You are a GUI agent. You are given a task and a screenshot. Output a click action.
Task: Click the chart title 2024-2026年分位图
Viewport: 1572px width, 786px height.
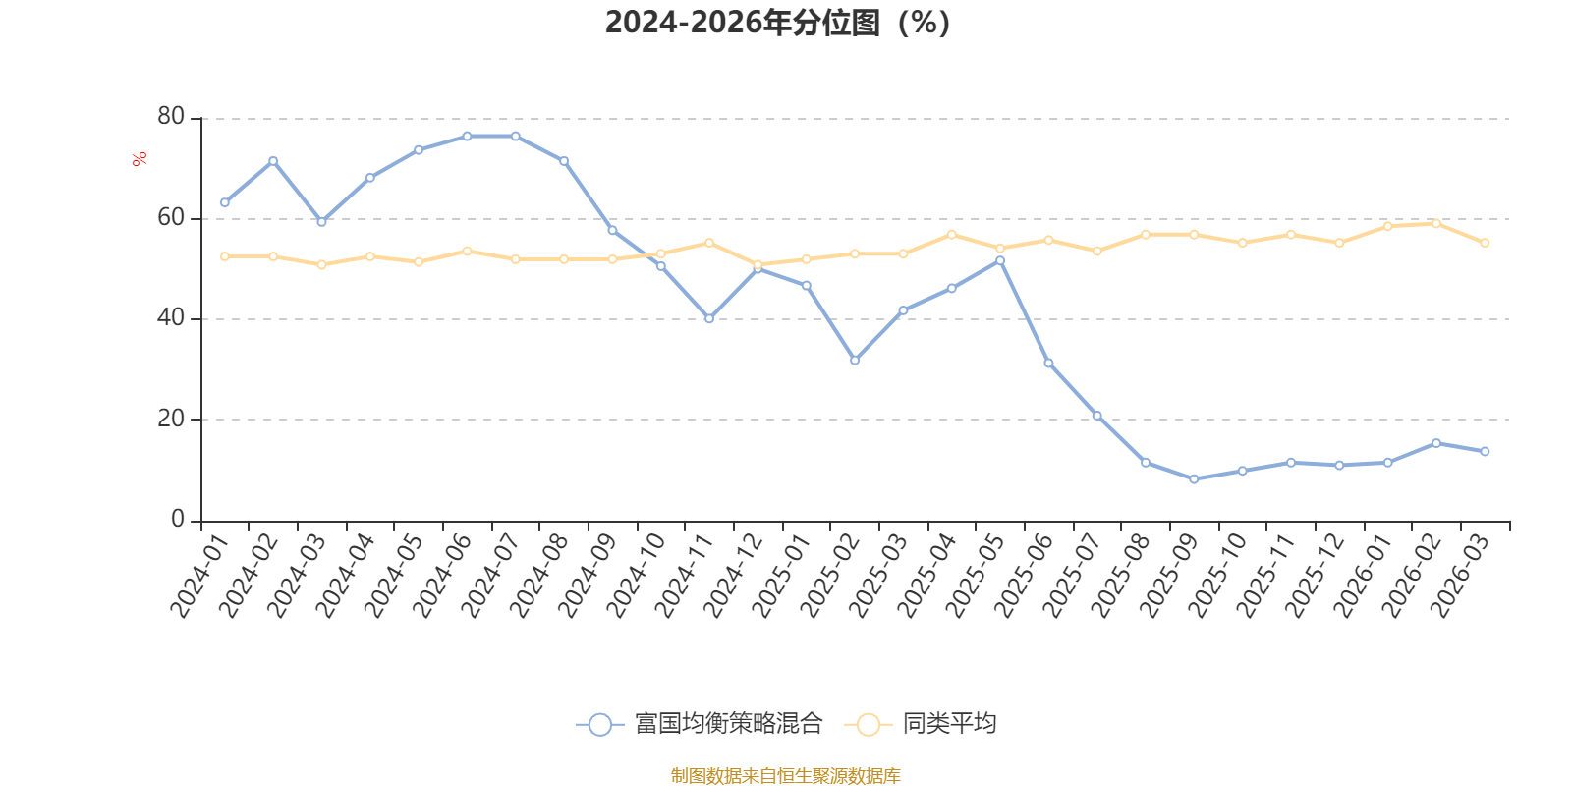(777, 23)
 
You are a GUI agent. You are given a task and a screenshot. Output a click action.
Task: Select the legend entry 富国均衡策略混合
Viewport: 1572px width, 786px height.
(699, 723)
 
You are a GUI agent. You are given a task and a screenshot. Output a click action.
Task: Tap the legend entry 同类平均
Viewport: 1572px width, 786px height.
(920, 723)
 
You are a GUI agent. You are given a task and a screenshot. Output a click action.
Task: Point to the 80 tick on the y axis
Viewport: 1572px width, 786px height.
(171, 116)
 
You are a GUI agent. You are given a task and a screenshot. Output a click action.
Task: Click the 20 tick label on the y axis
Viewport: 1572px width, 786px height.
(171, 419)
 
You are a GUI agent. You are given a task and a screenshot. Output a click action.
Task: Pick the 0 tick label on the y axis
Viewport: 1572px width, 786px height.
(178, 519)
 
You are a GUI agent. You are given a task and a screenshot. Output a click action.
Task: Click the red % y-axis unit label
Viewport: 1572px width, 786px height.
(139, 158)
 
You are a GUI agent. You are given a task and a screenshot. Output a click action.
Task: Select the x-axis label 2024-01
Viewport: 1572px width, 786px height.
(199, 576)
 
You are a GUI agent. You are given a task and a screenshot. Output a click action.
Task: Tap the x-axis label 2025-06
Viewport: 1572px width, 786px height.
(1024, 576)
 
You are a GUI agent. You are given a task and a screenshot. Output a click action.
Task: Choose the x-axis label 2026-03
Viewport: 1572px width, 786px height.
(1460, 576)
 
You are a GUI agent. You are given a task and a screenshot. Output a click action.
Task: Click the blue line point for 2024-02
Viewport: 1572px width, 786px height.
(273, 161)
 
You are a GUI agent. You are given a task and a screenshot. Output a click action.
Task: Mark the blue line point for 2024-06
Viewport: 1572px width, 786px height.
(467, 137)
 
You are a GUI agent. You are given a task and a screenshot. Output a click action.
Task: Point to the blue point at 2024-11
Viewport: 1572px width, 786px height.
(708, 318)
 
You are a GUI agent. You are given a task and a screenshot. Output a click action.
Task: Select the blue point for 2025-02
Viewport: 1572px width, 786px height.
(855, 360)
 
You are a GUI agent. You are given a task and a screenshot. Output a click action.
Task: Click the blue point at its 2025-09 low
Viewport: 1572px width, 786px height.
(1194, 479)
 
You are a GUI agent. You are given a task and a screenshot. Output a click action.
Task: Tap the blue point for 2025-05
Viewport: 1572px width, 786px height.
(1000, 261)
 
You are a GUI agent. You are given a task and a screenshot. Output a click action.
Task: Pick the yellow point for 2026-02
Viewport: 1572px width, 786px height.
(1435, 223)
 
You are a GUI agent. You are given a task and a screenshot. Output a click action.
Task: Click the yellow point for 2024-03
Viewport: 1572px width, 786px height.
(321, 264)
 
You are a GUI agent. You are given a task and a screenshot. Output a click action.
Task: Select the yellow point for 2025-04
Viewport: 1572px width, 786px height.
(952, 235)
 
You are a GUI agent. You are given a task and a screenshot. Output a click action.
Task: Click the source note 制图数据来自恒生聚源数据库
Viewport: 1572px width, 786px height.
(785, 775)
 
